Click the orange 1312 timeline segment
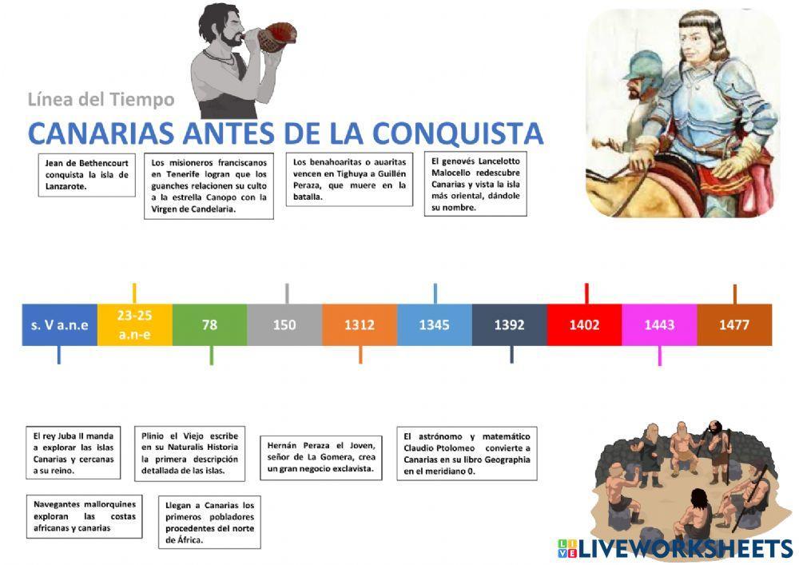pos(360,324)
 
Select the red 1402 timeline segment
pos(584,324)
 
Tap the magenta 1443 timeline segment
pos(659,324)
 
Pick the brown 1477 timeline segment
pos(733,324)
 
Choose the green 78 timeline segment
pos(209,324)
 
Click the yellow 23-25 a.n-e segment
pos(134,324)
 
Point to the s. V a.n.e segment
pos(60,324)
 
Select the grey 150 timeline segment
pos(284,324)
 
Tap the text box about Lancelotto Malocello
pos(475,184)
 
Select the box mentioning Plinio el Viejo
pos(189,453)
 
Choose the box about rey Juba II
pos(74,453)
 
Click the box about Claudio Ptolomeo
pos(467,453)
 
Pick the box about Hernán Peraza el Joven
pos(321,457)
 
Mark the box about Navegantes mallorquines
pos(84,516)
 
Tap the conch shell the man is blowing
pos(280,36)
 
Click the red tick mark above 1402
pos(586,293)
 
